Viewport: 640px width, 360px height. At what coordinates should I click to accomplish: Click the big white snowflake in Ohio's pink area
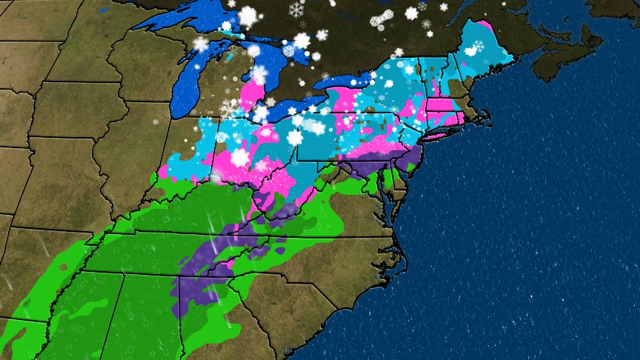239,157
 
